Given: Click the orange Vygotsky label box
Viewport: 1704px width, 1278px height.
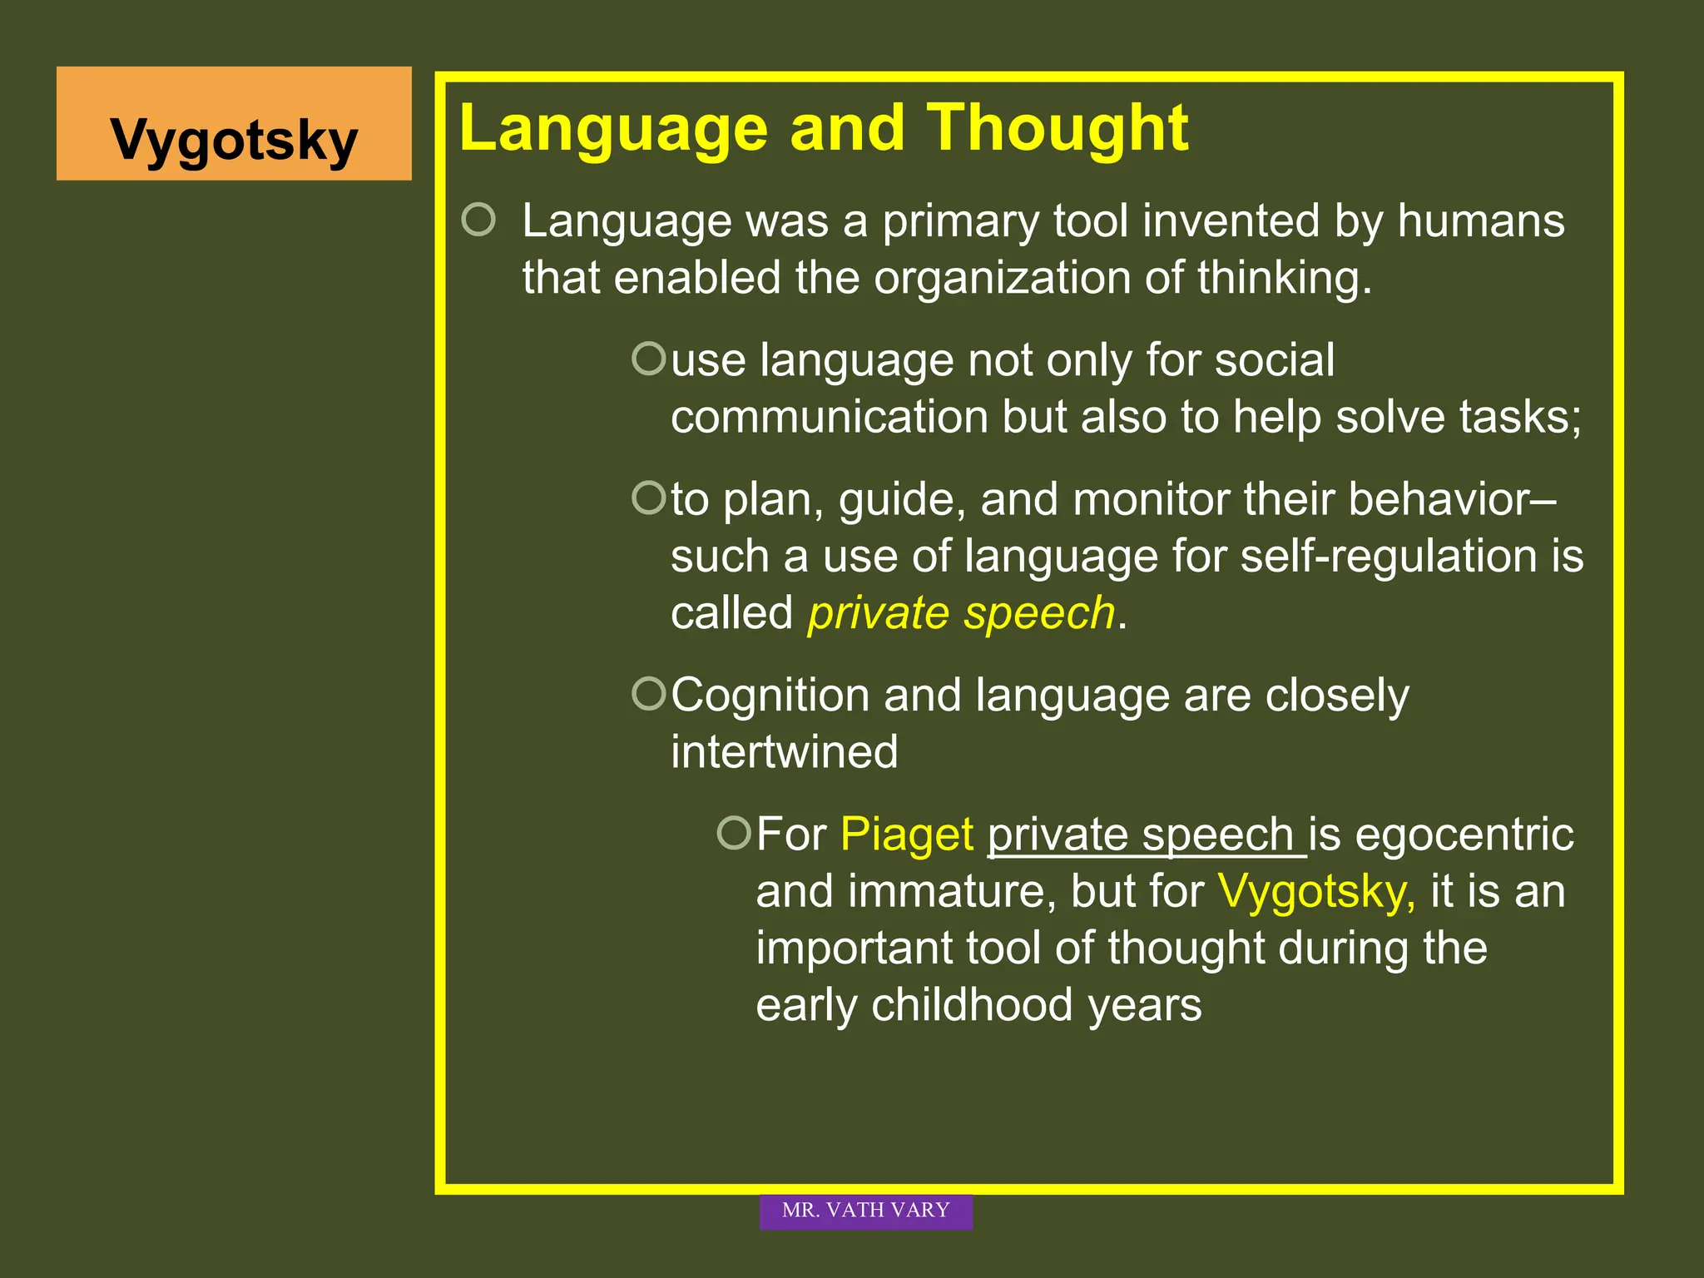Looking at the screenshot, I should coord(234,124).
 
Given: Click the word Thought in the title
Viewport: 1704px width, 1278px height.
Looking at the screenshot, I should coord(1058,129).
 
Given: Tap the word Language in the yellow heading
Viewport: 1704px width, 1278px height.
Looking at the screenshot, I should coord(613,129).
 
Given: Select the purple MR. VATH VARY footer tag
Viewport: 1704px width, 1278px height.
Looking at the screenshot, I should coord(865,1211).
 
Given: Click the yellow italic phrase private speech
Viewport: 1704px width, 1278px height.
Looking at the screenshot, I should coord(961,613).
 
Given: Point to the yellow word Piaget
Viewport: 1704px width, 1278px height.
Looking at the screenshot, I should coord(907,835).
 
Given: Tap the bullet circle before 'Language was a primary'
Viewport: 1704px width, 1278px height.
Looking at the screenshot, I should coord(478,220).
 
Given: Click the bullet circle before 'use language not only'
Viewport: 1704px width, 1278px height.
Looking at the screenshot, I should coord(649,359).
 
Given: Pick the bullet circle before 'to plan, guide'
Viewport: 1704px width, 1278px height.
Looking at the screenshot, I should coord(649,498).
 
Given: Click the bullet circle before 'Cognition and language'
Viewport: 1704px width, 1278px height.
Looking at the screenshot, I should coord(649,693).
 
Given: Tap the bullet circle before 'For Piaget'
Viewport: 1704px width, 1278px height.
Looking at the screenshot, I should coord(734,832).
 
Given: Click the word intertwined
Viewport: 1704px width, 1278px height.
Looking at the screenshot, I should coord(785,752).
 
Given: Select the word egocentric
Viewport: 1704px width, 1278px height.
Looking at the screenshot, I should coord(1464,835).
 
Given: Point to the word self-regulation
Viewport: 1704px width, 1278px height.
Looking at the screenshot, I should coord(1389,556).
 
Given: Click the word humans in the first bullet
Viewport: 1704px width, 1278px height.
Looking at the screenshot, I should coord(1481,221).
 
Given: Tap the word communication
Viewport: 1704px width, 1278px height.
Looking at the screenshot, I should coord(829,417).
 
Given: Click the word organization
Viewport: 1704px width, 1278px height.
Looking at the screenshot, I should coord(1002,278).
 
